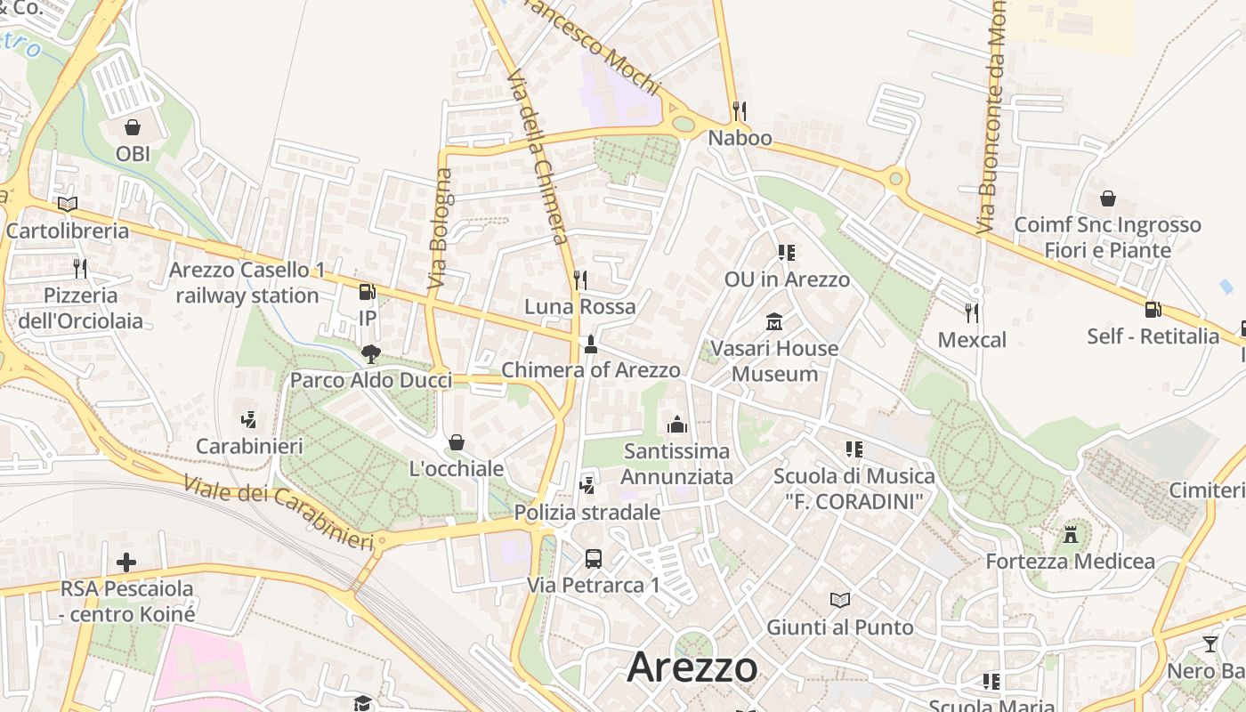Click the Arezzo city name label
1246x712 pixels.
click(692, 667)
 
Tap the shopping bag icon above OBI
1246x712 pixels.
click(133, 127)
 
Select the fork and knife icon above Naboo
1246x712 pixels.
click(740, 110)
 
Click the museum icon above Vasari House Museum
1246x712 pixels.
click(774, 321)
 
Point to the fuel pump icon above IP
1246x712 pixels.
click(367, 292)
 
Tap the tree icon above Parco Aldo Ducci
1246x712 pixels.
click(370, 354)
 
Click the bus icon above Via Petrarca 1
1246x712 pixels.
click(594, 559)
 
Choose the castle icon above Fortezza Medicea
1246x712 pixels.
click(1071, 535)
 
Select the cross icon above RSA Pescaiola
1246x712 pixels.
click(126, 562)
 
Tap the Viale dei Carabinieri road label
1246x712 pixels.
click(279, 512)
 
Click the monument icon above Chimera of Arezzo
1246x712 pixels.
click(590, 344)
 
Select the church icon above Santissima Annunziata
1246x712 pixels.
click(677, 425)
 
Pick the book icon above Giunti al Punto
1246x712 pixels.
click(840, 601)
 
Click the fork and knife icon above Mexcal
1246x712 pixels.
click(972, 312)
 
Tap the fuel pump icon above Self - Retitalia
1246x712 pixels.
click(1153, 310)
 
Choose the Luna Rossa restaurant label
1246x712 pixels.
click(580, 307)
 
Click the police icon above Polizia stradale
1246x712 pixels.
click(587, 486)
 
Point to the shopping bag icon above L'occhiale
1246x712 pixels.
click(457, 442)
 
